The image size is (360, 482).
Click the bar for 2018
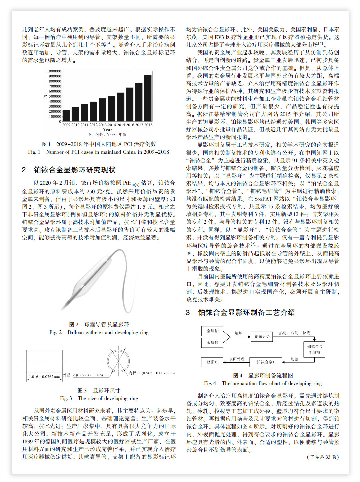(x=148, y=98)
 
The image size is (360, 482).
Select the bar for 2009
(x=67, y=115)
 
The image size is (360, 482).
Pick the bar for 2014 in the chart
(x=112, y=109)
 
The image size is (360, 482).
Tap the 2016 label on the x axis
(x=130, y=125)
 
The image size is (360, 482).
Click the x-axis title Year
(x=107, y=130)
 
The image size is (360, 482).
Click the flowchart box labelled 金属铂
(x=212, y=331)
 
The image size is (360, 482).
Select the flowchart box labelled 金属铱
(x=212, y=343)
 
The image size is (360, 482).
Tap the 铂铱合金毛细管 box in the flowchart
(x=315, y=349)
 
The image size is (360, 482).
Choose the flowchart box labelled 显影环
(x=212, y=362)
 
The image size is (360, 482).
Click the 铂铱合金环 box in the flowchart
(x=266, y=362)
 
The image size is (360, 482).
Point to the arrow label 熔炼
(x=238, y=333)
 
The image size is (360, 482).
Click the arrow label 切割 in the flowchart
(x=294, y=359)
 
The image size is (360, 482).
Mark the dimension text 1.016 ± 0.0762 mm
(x=44, y=377)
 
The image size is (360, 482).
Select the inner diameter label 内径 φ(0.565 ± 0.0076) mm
(x=152, y=373)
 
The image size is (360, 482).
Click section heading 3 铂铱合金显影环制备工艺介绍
(x=240, y=313)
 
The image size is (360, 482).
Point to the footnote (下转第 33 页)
(x=323, y=457)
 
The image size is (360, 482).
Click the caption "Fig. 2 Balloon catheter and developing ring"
(x=99, y=332)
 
